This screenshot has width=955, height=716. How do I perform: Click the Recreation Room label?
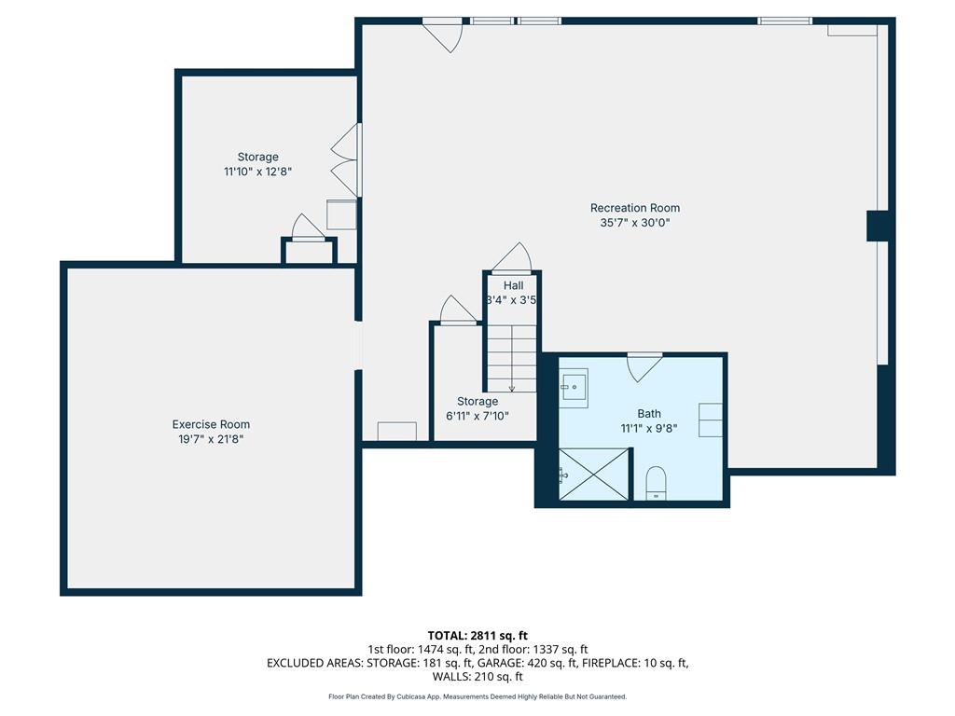[634, 208]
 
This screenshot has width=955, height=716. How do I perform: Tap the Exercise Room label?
[211, 424]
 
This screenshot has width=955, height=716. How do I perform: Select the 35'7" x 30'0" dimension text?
[634, 223]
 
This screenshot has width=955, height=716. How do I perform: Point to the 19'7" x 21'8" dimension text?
[211, 439]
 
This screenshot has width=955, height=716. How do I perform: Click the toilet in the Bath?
[656, 484]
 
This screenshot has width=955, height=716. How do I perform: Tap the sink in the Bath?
[574, 388]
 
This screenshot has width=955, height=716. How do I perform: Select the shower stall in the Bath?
[594, 475]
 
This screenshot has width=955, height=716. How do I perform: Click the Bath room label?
[649, 413]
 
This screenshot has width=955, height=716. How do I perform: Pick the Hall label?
[514, 285]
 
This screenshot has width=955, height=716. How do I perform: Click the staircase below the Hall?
[512, 358]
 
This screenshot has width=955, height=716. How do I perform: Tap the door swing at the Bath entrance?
[644, 367]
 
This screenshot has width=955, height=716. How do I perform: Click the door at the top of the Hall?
[512, 257]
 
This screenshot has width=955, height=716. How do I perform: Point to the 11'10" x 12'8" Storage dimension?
[258, 172]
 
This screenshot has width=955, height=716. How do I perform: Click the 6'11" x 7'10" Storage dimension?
[477, 416]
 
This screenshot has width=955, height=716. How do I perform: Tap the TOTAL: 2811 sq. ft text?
[477, 636]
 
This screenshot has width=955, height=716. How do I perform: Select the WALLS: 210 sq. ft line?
[477, 677]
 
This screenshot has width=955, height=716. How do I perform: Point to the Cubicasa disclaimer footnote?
[477, 696]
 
